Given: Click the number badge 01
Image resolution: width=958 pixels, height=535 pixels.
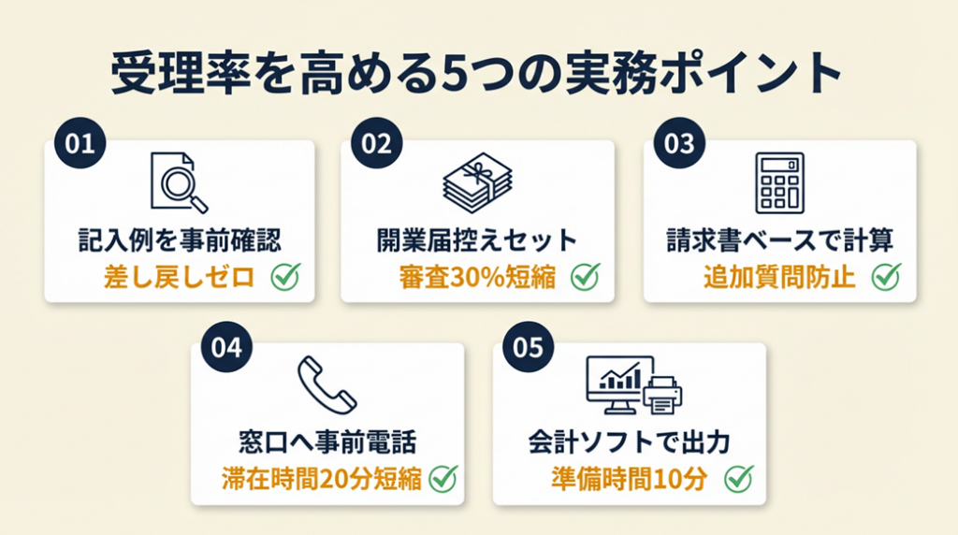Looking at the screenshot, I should [x=80, y=144].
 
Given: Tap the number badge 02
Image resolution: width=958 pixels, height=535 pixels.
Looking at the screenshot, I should [x=375, y=144].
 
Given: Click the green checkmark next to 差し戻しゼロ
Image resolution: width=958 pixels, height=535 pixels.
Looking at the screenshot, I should [x=285, y=277].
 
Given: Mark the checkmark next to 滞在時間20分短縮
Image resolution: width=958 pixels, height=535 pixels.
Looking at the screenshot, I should [x=442, y=479].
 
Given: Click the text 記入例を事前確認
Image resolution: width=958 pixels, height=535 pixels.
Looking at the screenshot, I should [x=179, y=240].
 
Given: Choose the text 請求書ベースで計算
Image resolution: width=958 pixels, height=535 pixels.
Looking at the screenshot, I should [x=780, y=240].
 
